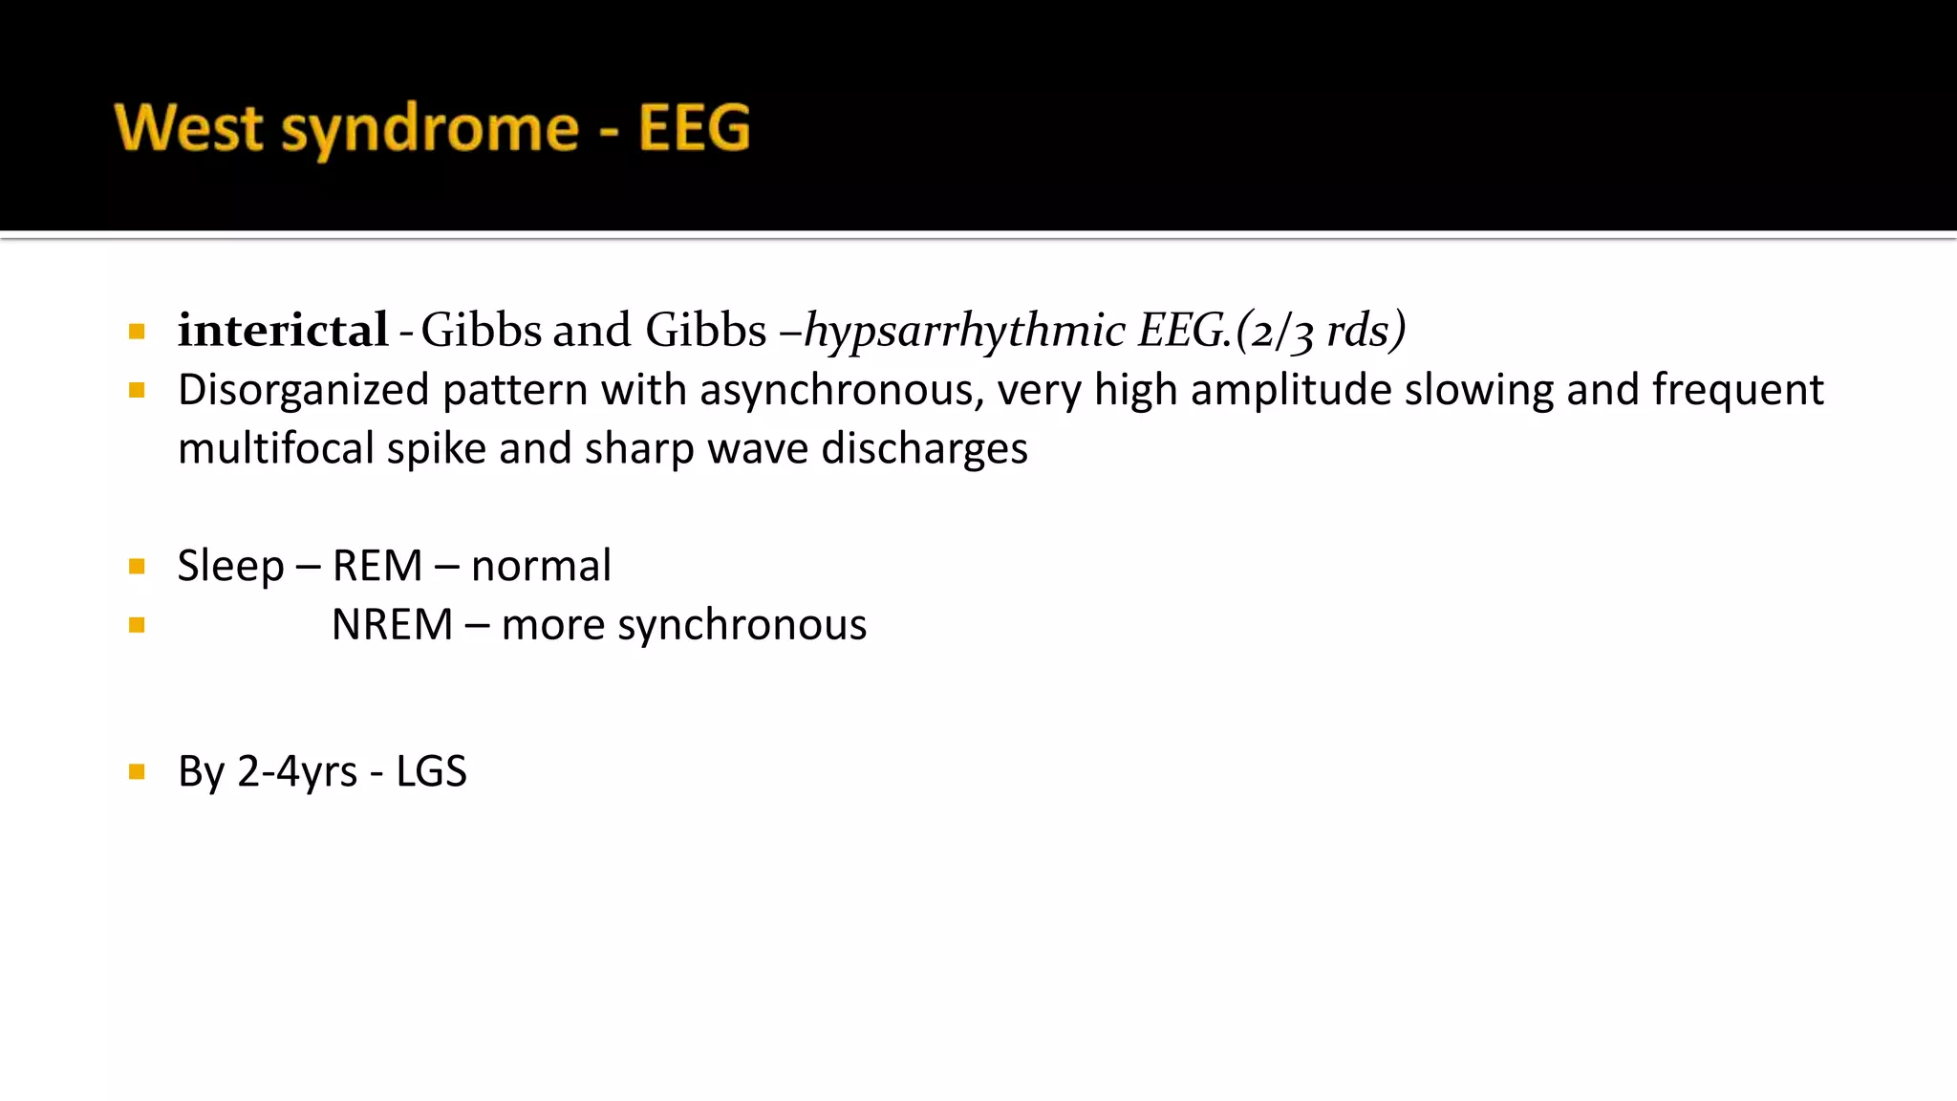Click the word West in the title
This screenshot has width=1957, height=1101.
click(188, 128)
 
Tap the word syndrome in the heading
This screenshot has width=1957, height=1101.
click(430, 130)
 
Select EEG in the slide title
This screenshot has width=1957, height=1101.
click(694, 128)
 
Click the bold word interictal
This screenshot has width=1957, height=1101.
click(283, 331)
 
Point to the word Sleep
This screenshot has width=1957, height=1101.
click(230, 566)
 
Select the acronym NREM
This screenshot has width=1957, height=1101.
click(392, 625)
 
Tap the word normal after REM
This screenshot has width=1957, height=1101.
click(541, 566)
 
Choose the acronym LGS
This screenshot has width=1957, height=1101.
click(431, 771)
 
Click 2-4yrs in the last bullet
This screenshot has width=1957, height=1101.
click(296, 772)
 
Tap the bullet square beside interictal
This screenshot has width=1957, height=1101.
click(137, 332)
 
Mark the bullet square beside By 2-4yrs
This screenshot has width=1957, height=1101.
click(137, 771)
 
